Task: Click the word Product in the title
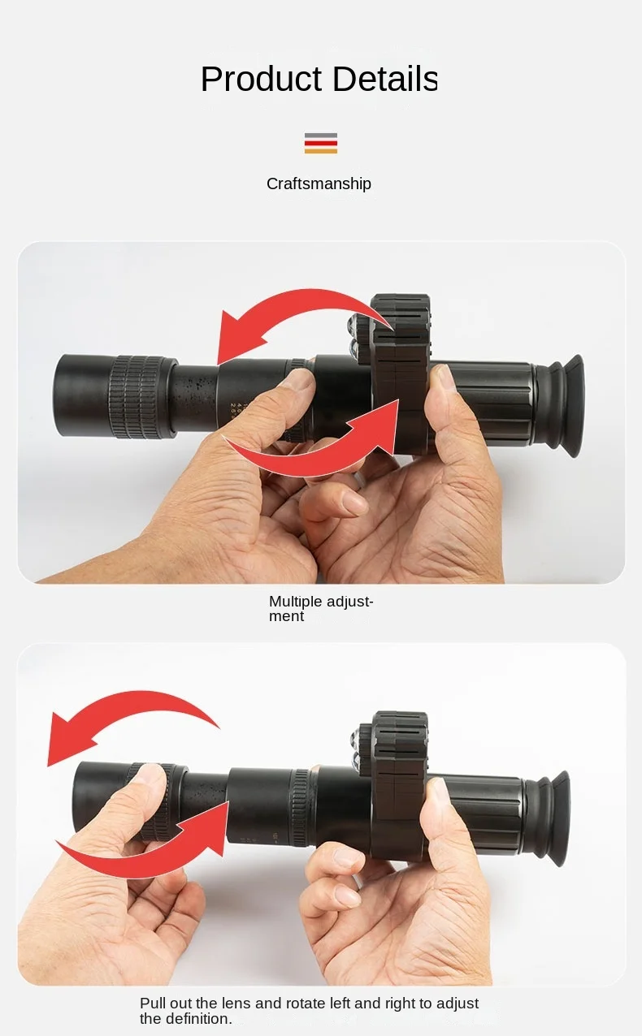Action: (261, 79)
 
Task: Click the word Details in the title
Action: (384, 79)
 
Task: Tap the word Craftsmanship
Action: (319, 184)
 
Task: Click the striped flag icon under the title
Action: (321, 144)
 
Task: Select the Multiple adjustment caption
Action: (321, 609)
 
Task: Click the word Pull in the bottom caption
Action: (153, 1004)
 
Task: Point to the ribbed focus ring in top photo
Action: (137, 397)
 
